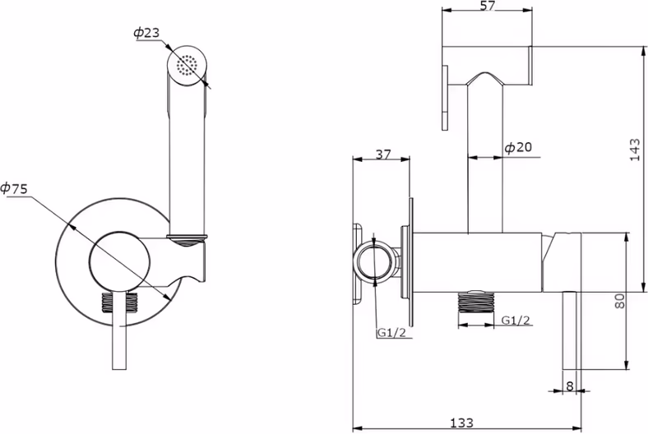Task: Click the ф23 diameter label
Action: (146, 33)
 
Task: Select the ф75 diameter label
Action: (14, 188)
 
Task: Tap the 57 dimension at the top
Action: (488, 6)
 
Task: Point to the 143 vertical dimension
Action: (635, 150)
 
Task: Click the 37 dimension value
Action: (382, 154)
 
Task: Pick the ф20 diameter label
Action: (519, 147)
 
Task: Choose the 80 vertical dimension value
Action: (619, 301)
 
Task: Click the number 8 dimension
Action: (570, 386)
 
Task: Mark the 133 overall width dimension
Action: (461, 422)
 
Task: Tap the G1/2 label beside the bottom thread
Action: (516, 320)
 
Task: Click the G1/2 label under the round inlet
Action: (391, 333)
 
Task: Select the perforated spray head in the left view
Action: (187, 65)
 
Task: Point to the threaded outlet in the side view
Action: (476, 302)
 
